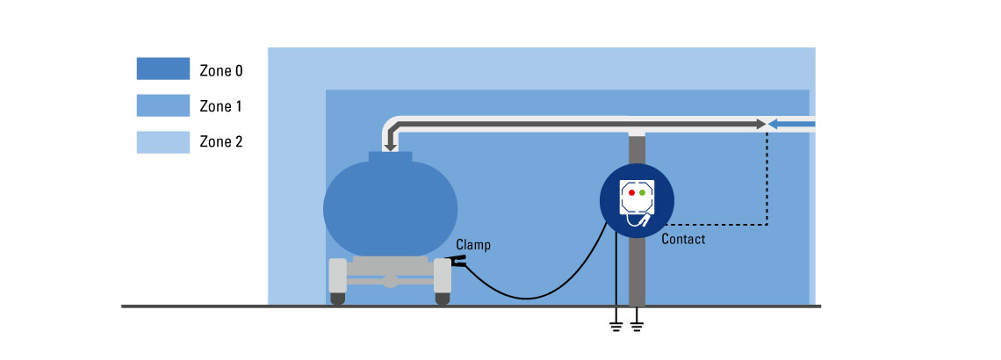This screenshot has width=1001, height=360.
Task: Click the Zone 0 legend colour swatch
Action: tap(162, 69)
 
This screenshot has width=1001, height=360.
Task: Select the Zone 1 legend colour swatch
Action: tap(162, 105)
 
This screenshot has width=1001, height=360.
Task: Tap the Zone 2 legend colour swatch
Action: tap(162, 141)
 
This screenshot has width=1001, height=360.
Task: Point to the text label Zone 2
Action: tap(221, 141)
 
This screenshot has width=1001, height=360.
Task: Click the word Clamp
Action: tap(473, 246)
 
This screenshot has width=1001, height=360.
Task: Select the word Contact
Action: tap(683, 239)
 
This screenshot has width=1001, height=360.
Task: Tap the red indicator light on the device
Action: tap(631, 191)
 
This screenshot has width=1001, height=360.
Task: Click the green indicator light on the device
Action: tap(643, 191)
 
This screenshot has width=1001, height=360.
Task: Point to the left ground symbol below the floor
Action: tap(616, 327)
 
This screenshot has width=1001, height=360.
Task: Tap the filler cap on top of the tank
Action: tap(390, 156)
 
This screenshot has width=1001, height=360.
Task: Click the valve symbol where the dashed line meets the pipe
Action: tap(768, 125)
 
